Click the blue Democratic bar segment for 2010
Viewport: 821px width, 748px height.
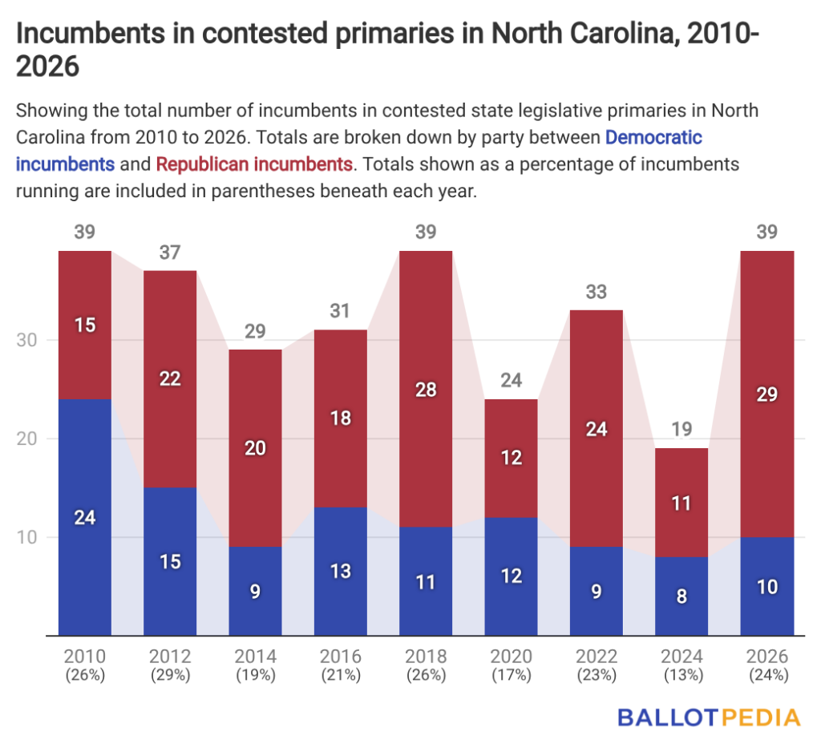point(85,516)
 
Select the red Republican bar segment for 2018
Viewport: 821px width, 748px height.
point(426,388)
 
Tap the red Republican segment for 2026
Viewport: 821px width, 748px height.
point(767,394)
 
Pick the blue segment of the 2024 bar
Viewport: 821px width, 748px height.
point(681,596)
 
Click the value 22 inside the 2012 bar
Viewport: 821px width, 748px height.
point(170,379)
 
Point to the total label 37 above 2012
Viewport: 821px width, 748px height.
point(170,253)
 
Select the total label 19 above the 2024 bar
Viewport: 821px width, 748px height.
point(681,431)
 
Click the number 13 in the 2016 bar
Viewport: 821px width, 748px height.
point(341,572)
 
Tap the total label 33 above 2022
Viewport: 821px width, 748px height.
point(597,292)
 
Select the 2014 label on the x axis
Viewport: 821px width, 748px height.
point(255,656)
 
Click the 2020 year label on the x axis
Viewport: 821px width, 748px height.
point(511,656)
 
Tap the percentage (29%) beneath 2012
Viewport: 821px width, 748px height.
point(170,674)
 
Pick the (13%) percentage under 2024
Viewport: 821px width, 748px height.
point(681,674)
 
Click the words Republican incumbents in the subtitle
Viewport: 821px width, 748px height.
point(254,164)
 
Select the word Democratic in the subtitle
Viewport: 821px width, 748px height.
point(653,137)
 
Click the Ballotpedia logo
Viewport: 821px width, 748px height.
point(708,716)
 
